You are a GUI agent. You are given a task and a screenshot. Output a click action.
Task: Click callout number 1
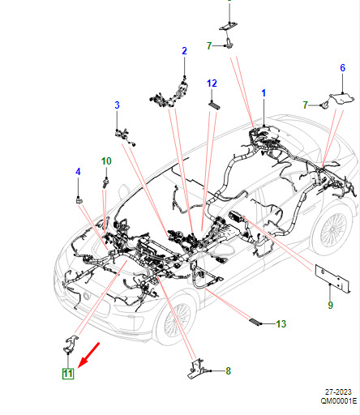pyautogui.click(x=264, y=93)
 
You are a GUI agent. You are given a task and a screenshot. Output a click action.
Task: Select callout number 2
pyautogui.click(x=184, y=51)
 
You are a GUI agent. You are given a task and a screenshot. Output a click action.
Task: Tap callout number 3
pyautogui.click(x=117, y=105)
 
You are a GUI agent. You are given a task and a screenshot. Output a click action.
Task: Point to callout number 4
pyautogui.click(x=78, y=172)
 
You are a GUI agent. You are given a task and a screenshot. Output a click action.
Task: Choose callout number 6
pyautogui.click(x=342, y=67)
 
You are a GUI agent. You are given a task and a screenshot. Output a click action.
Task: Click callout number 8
pyautogui.click(x=229, y=371)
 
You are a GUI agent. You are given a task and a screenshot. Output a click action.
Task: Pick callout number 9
pyautogui.click(x=330, y=306)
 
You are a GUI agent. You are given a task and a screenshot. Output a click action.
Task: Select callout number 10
pyautogui.click(x=106, y=161)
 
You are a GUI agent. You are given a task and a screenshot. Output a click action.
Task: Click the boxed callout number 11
pyautogui.click(x=68, y=374)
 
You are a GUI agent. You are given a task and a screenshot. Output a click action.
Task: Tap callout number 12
pyautogui.click(x=212, y=83)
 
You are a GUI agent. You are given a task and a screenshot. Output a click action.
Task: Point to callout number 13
pyautogui.click(x=281, y=324)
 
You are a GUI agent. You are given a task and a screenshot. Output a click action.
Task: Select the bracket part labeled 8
pyautogui.click(x=196, y=369)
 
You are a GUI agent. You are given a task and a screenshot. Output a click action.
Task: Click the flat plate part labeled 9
pyautogui.click(x=333, y=277)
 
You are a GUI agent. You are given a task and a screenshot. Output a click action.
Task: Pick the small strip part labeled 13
pyautogui.click(x=255, y=322)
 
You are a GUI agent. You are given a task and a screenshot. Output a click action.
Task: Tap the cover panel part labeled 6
pyautogui.click(x=342, y=98)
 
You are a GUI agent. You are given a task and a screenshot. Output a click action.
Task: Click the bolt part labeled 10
pyautogui.click(x=106, y=182)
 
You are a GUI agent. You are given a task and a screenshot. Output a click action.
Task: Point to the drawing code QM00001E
pyautogui.click(x=339, y=401)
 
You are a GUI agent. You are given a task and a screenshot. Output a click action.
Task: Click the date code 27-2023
pyautogui.click(x=338, y=392)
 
